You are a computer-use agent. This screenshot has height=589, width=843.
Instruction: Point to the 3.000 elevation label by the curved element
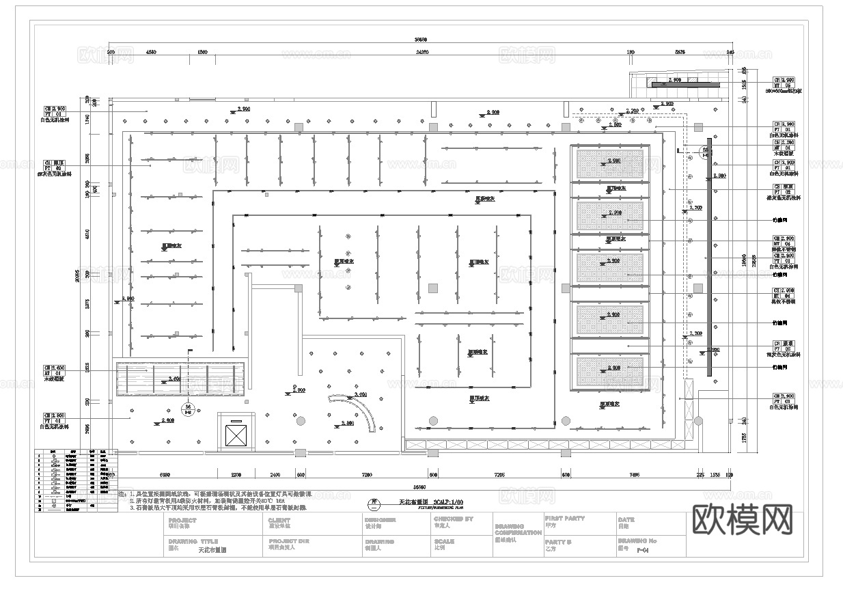tap(360, 395)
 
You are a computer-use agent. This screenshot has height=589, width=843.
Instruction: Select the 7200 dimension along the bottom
tap(366, 474)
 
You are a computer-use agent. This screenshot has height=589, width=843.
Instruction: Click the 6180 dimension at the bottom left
tap(165, 474)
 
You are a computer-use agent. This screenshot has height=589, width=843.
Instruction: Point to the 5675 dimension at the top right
tap(680, 51)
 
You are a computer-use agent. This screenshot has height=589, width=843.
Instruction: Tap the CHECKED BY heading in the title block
tap(453, 519)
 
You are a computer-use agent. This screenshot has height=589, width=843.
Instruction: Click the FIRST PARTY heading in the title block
tap(565, 519)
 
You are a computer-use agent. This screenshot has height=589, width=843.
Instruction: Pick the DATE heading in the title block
tap(626, 519)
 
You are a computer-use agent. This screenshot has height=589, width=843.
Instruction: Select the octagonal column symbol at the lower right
tap(698, 420)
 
